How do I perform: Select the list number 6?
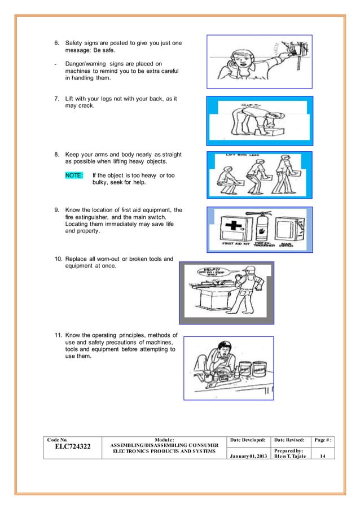(56, 43)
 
